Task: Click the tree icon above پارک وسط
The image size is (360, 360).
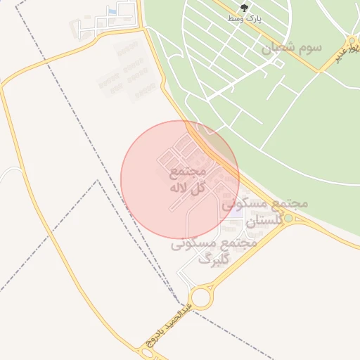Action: [244, 8]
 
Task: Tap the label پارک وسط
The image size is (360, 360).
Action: [244, 19]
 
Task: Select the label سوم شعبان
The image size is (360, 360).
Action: [291, 48]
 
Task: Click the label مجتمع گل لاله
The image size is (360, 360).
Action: [187, 179]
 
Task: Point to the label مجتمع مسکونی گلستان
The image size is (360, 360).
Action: [266, 211]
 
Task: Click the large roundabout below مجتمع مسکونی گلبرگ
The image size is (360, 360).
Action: [201, 297]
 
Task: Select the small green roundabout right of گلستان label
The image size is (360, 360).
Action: [288, 219]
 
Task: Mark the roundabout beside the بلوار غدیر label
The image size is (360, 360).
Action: [352, 41]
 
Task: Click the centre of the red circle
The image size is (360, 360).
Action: [180, 179]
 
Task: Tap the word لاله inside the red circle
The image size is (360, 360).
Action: [180, 188]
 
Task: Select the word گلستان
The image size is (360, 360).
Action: [264, 219]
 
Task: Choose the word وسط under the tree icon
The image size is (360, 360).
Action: [234, 19]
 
